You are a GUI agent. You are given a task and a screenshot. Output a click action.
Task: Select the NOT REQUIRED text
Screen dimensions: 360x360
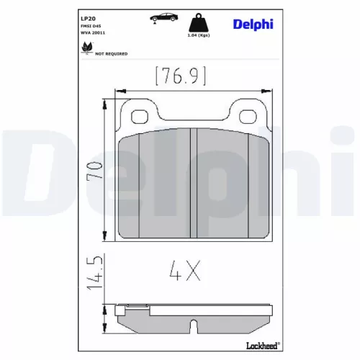(x=112, y=53)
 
